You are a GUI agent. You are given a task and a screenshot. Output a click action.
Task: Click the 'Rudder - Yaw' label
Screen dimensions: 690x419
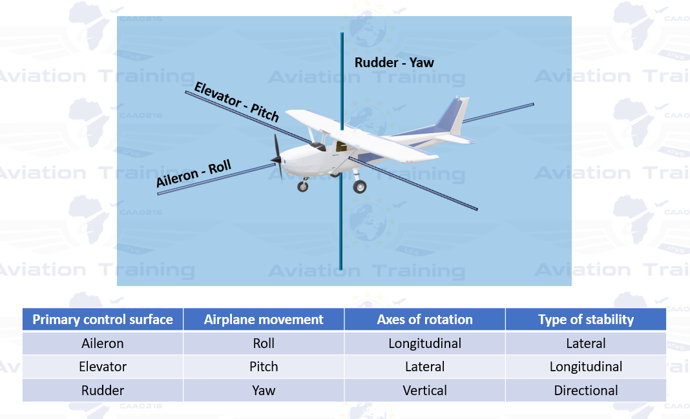tap(394, 63)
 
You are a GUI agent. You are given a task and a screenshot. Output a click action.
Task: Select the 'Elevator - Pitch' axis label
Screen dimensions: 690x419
tap(236, 101)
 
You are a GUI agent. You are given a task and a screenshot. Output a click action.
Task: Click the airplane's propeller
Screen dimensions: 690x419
tap(277, 156)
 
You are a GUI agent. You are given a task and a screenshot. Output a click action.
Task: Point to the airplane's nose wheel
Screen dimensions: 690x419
tap(303, 187)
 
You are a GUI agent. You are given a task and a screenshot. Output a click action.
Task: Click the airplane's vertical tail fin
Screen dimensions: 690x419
tap(455, 116)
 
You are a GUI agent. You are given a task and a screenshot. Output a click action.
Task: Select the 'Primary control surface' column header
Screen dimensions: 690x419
tap(103, 319)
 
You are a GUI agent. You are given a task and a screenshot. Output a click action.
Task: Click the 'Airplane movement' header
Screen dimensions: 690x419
tap(264, 319)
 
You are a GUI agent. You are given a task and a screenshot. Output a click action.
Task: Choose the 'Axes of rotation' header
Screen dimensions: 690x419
tap(424, 319)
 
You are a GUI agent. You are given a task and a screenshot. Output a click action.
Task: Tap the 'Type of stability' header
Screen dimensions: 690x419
tap(586, 320)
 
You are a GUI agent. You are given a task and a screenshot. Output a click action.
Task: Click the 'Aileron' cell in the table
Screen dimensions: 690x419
tap(103, 343)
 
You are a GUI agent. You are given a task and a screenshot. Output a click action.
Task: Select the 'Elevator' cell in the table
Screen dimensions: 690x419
tap(103, 366)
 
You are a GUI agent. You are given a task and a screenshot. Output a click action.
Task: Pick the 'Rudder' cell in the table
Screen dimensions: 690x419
tap(103, 390)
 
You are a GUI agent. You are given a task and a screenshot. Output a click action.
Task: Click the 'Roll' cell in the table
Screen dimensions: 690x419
tap(264, 343)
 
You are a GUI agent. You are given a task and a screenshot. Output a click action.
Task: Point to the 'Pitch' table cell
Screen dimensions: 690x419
tap(264, 366)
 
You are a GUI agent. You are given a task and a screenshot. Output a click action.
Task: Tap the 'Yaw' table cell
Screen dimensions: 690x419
tap(264, 390)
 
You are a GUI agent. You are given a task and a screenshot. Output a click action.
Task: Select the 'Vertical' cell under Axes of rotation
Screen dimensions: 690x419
tap(424, 390)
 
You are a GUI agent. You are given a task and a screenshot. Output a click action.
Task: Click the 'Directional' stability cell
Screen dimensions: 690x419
tap(586, 390)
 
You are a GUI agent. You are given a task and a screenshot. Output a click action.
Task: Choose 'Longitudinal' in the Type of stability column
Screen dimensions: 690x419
tap(586, 367)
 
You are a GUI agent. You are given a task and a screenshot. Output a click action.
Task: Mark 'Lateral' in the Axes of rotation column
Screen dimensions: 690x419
tap(424, 366)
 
